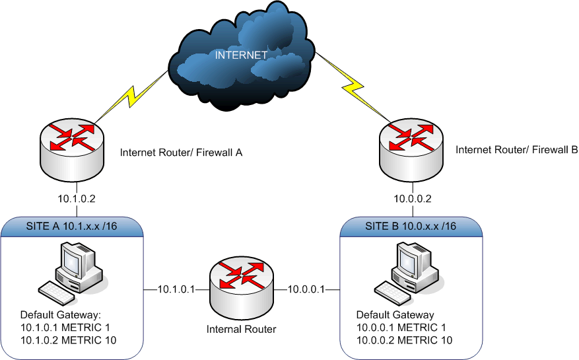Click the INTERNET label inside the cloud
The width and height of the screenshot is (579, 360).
(240, 55)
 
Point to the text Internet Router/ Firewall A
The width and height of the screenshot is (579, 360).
(182, 153)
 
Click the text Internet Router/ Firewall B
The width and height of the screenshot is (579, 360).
(516, 150)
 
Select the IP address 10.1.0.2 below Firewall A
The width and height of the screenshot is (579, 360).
(79, 197)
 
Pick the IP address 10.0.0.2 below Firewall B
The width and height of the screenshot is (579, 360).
(412, 197)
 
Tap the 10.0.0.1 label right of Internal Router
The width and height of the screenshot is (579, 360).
(305, 289)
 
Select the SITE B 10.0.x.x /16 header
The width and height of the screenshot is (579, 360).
(411, 227)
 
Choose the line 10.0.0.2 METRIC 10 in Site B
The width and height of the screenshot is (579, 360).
(404, 340)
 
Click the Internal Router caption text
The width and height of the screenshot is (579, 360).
(241, 328)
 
